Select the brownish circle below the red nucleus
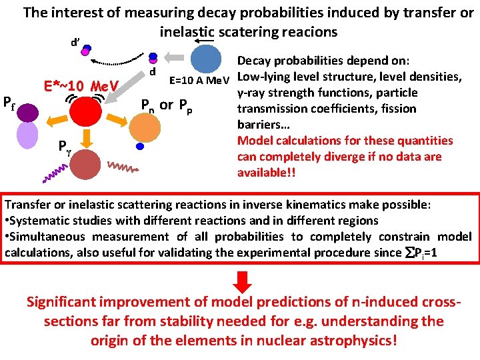[x=84, y=164]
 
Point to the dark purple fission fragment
[x=27, y=113]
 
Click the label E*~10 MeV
[x=81, y=86]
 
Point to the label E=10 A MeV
[x=199, y=81]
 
